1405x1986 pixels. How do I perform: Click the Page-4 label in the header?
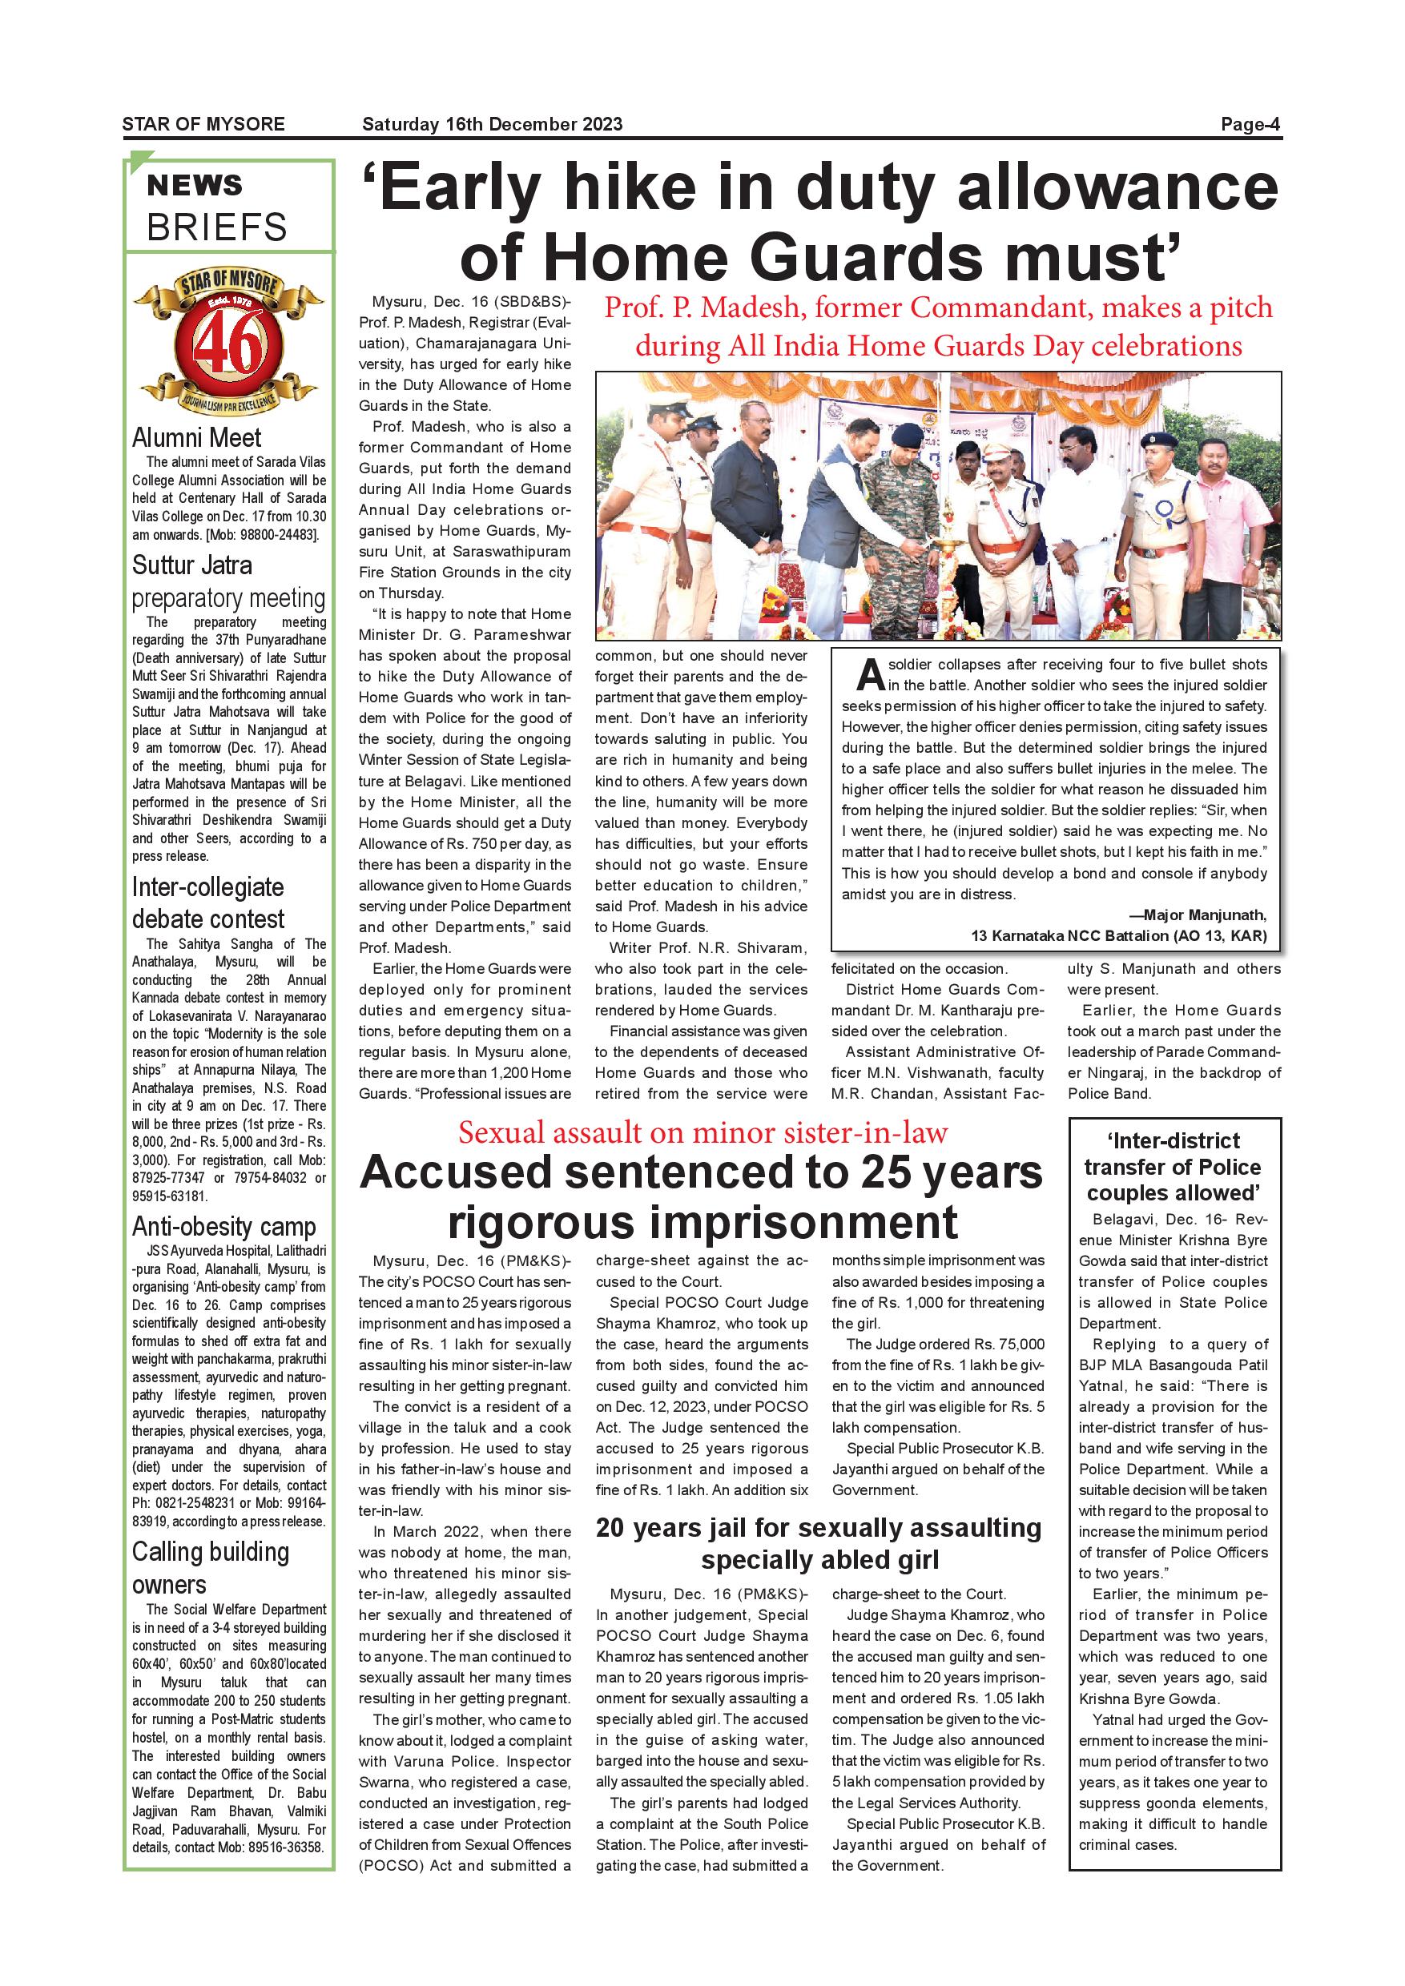tap(1250, 123)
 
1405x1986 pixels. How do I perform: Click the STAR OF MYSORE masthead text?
tap(203, 123)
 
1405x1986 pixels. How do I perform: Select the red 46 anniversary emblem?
tap(227, 346)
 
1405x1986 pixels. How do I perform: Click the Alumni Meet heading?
tap(196, 438)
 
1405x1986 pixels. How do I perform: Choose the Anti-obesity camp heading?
tap(223, 1227)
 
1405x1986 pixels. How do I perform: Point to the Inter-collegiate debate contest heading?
tap(207, 903)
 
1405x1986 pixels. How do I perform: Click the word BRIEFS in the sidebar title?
tap(216, 227)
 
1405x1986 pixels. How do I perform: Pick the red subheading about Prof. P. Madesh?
tap(938, 326)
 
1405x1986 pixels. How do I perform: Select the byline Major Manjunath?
tap(1203, 915)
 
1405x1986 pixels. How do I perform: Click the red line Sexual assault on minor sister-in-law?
tap(702, 1132)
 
